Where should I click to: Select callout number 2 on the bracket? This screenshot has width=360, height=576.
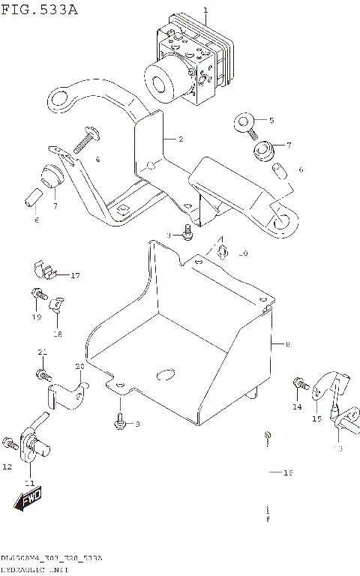(181, 139)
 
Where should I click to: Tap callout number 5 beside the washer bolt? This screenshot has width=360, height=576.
(271, 120)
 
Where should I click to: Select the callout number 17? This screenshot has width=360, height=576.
(75, 276)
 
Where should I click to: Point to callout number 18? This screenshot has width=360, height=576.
(57, 334)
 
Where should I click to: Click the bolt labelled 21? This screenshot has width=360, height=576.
(43, 372)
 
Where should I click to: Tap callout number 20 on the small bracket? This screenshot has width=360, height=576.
(79, 366)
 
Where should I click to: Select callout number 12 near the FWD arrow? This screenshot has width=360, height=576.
(7, 467)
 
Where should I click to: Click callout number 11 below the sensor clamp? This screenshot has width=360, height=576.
(29, 482)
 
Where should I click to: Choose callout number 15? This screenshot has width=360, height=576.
(316, 419)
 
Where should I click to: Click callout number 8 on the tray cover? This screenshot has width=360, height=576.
(286, 345)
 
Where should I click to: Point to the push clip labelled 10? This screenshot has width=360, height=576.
(223, 250)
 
